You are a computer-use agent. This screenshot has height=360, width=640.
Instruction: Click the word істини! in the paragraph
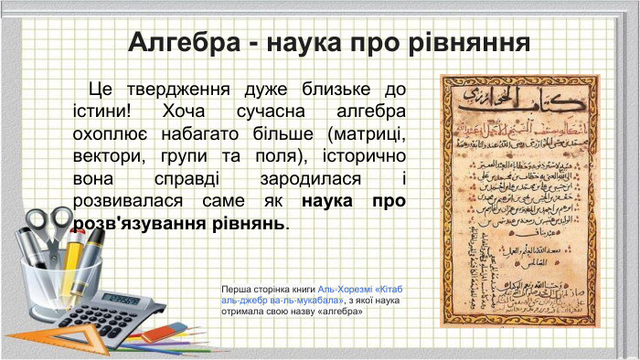(x=101, y=111)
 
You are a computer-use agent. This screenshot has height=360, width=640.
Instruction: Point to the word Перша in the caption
(x=236, y=288)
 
